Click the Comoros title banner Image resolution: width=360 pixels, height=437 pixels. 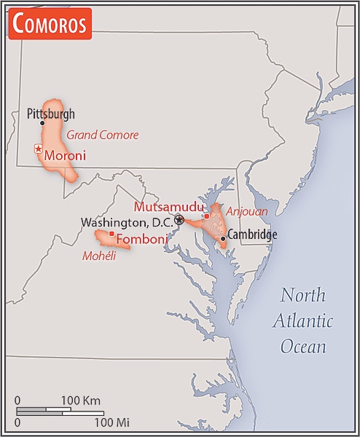click(x=50, y=23)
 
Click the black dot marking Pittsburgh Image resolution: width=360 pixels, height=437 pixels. click(x=42, y=123)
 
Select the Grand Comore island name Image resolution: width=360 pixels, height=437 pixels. click(x=102, y=135)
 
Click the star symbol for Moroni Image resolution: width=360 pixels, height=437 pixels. click(x=38, y=149)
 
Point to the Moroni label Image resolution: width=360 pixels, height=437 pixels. click(x=65, y=155)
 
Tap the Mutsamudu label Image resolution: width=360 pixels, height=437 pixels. click(x=168, y=206)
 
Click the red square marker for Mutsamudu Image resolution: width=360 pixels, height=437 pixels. click(x=206, y=216)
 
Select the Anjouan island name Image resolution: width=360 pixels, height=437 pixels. click(x=246, y=211)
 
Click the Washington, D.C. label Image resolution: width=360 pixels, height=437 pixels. click(x=126, y=221)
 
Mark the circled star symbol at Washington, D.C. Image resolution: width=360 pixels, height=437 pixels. click(x=179, y=219)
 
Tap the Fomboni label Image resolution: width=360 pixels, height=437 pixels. click(x=142, y=238)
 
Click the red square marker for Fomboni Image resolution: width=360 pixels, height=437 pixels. click(x=111, y=234)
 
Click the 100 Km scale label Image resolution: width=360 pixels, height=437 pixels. click(x=80, y=401)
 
